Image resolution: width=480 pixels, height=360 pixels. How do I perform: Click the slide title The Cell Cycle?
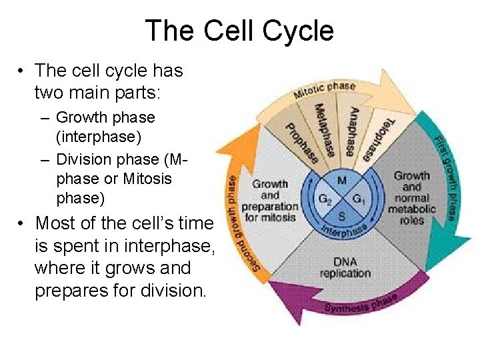(239, 31)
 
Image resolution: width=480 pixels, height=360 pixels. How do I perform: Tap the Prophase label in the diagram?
(302, 144)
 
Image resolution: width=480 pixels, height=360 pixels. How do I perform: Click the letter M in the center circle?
(341, 181)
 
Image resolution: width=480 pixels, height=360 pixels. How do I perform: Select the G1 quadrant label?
(358, 198)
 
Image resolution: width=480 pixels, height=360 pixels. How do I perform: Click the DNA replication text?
(345, 267)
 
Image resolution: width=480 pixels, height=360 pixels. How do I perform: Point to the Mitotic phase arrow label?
(325, 89)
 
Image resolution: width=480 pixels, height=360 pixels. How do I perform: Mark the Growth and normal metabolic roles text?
(413, 198)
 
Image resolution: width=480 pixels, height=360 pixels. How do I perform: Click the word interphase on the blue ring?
(344, 229)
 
